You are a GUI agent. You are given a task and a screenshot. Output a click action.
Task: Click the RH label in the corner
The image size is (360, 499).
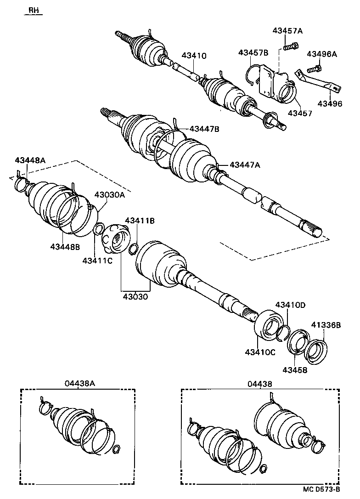34,10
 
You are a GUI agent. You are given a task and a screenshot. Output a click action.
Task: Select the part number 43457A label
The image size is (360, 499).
287,31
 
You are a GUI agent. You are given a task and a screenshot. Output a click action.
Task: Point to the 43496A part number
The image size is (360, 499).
322,54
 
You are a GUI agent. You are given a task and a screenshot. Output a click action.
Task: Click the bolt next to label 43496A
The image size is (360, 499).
314,69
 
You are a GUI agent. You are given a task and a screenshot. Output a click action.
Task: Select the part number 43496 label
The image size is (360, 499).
331,104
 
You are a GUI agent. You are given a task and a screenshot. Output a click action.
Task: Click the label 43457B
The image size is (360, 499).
253,53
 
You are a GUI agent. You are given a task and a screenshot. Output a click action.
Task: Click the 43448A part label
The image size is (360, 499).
30,160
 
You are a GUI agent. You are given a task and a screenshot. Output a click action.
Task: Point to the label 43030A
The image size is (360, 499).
110,194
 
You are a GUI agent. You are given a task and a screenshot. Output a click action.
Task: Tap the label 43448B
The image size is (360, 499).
65,247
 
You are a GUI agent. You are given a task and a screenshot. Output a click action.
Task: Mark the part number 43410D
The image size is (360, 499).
290,305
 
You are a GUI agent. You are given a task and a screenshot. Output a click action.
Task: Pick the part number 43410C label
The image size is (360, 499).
260,352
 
